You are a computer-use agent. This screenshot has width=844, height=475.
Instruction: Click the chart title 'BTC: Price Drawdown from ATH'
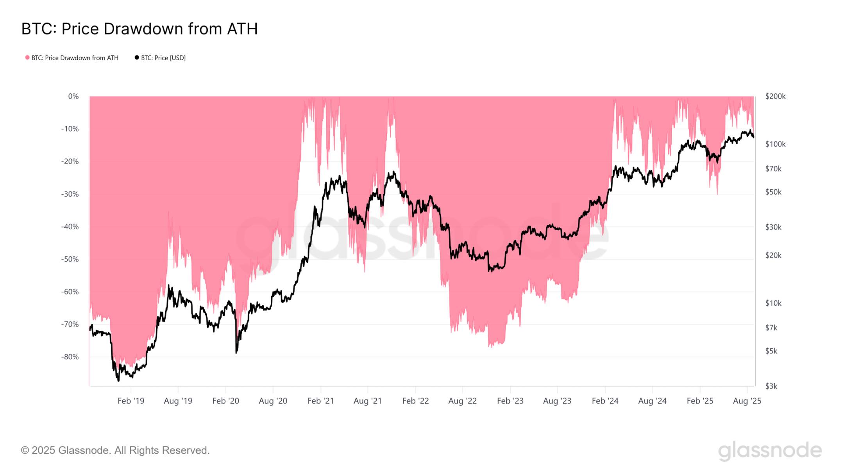click(139, 29)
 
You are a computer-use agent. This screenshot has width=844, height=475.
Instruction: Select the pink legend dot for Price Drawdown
click(27, 58)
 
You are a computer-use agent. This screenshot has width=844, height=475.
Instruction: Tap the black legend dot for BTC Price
click(137, 58)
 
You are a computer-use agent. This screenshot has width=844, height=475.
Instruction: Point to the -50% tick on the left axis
click(70, 259)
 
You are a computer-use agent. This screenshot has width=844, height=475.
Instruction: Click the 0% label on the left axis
click(73, 96)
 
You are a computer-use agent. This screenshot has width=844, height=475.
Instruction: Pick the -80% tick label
click(70, 357)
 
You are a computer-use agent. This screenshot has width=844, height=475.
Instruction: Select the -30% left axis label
click(70, 194)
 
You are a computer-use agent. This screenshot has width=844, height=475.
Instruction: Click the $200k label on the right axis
click(775, 96)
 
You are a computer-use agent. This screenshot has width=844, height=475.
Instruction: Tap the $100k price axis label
click(775, 144)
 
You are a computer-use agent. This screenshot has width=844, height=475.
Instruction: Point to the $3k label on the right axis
click(771, 386)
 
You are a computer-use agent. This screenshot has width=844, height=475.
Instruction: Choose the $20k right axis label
click(773, 255)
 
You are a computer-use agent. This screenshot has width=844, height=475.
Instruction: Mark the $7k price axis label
click(771, 328)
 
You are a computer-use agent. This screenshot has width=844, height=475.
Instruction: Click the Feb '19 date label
click(131, 401)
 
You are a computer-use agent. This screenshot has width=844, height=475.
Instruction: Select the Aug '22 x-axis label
click(462, 401)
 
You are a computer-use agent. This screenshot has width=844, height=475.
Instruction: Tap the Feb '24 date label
click(605, 401)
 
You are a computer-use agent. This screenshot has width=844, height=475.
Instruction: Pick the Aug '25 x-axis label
click(747, 401)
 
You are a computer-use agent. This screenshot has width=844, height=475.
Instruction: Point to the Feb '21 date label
click(320, 401)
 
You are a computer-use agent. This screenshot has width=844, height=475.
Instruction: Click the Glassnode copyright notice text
click(115, 450)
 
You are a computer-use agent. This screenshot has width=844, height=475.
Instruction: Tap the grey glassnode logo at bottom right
click(770, 450)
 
